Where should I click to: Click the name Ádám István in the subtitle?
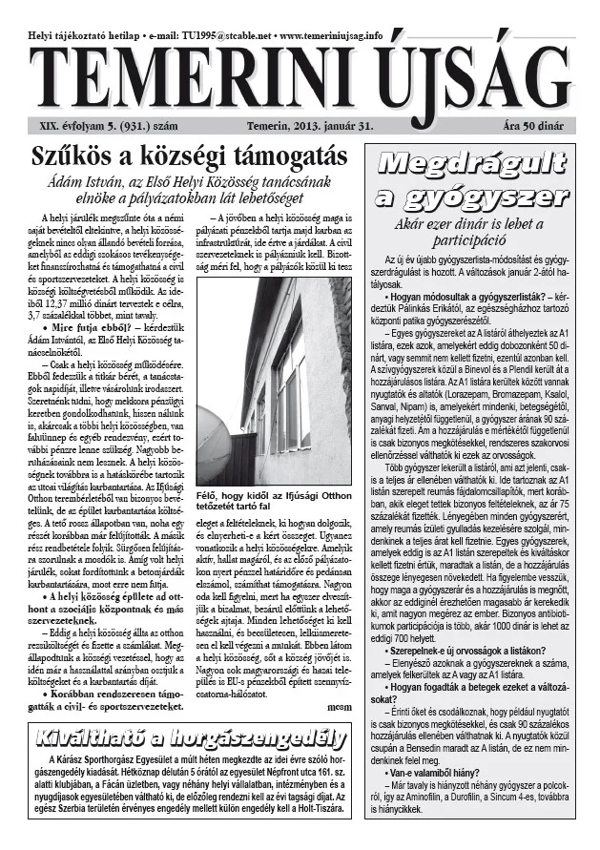tap(104, 179)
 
